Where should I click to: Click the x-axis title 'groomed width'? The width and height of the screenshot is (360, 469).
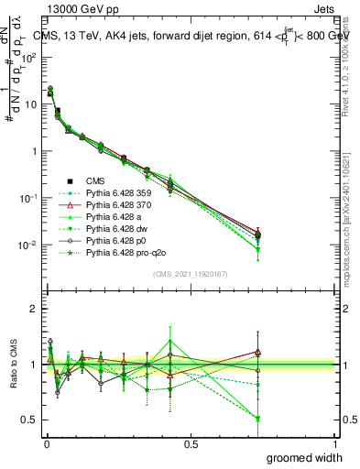[x=305, y=457]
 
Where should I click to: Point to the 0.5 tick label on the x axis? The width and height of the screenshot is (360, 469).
[x=191, y=443]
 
